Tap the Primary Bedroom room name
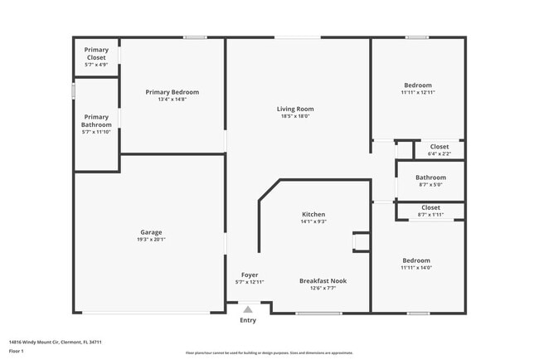click(172, 91)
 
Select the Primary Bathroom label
click(96, 120)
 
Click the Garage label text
click(151, 232)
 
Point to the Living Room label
click(295, 109)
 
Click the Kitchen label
click(313, 214)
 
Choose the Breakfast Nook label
click(323, 280)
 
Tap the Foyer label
click(250, 275)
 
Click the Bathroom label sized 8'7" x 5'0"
click(430, 177)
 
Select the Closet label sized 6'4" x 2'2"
click(439, 146)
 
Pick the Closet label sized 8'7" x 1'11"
click(430, 207)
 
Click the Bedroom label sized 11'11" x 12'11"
click(417, 85)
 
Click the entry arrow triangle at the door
click(247, 309)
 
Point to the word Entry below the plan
click(248, 320)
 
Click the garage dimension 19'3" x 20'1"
click(151, 240)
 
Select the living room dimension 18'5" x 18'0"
click(295, 116)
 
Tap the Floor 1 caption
click(16, 351)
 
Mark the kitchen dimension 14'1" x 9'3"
click(313, 221)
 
